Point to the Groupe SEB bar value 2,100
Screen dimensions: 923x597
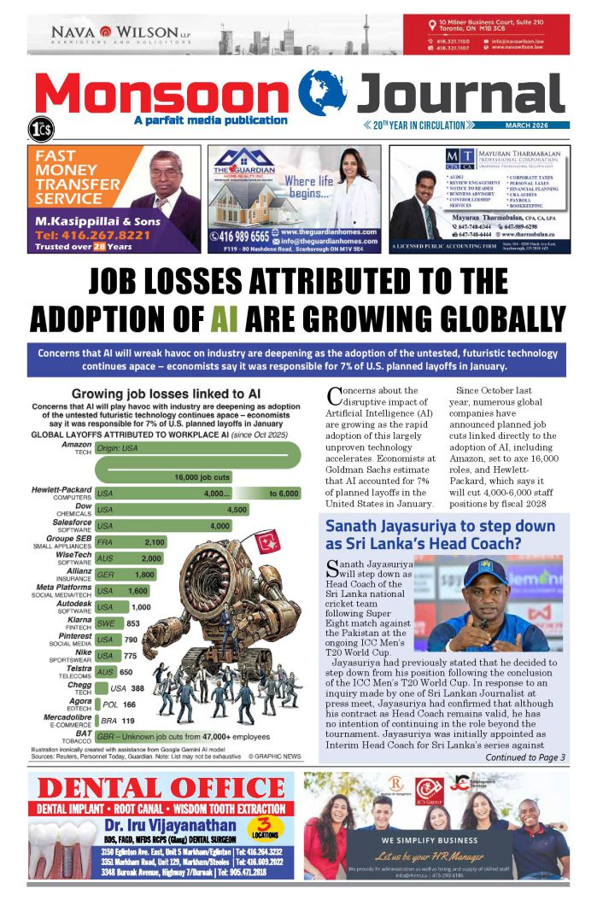pyautogui.click(x=155, y=542)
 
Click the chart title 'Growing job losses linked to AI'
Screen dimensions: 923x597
pyautogui.click(x=166, y=394)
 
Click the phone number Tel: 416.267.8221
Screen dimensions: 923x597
pyautogui.click(x=80, y=233)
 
